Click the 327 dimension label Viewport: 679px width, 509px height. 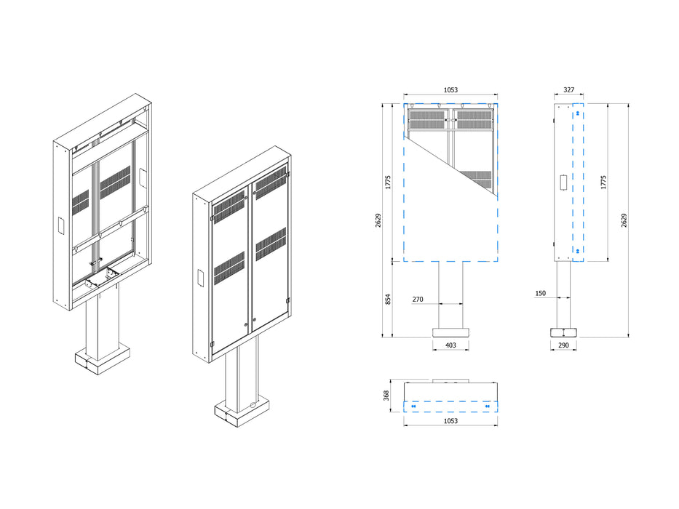569,90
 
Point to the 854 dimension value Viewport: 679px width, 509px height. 389,299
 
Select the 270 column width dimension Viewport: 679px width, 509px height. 418,299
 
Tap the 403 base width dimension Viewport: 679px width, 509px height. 450,345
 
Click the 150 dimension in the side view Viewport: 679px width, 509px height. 540,293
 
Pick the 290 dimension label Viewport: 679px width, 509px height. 564,345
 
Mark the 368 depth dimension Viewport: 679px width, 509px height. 387,395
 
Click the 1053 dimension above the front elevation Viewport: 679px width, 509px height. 450,90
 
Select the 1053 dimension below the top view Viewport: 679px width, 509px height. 450,421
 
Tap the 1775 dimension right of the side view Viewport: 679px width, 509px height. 603,182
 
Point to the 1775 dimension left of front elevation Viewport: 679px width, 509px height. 389,182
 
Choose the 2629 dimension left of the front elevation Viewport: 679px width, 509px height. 377,220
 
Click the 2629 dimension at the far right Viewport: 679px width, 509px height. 624,220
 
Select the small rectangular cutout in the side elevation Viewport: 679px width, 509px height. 564,182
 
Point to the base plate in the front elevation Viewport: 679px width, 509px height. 450,332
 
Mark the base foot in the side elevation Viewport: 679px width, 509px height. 564,332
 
